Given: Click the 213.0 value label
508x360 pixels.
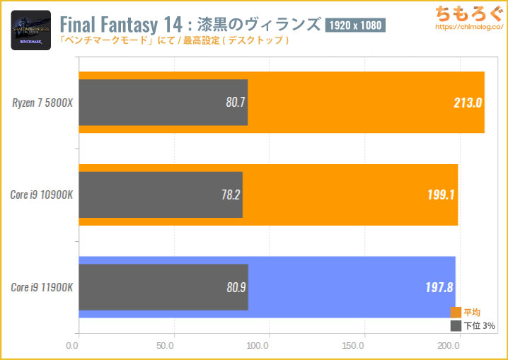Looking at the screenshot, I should pyautogui.click(x=468, y=103).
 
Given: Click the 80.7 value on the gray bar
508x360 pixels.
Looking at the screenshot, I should pyautogui.click(x=236, y=103).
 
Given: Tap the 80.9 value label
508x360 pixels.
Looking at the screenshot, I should pyautogui.click(x=236, y=287).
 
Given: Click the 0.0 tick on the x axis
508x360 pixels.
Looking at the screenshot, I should pyautogui.click(x=72, y=346).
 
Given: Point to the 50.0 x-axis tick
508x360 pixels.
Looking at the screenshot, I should pyautogui.click(x=166, y=346).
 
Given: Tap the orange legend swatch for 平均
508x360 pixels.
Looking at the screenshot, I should pyautogui.click(x=456, y=313).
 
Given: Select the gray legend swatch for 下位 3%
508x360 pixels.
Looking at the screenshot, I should pyautogui.click(x=456, y=326).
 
